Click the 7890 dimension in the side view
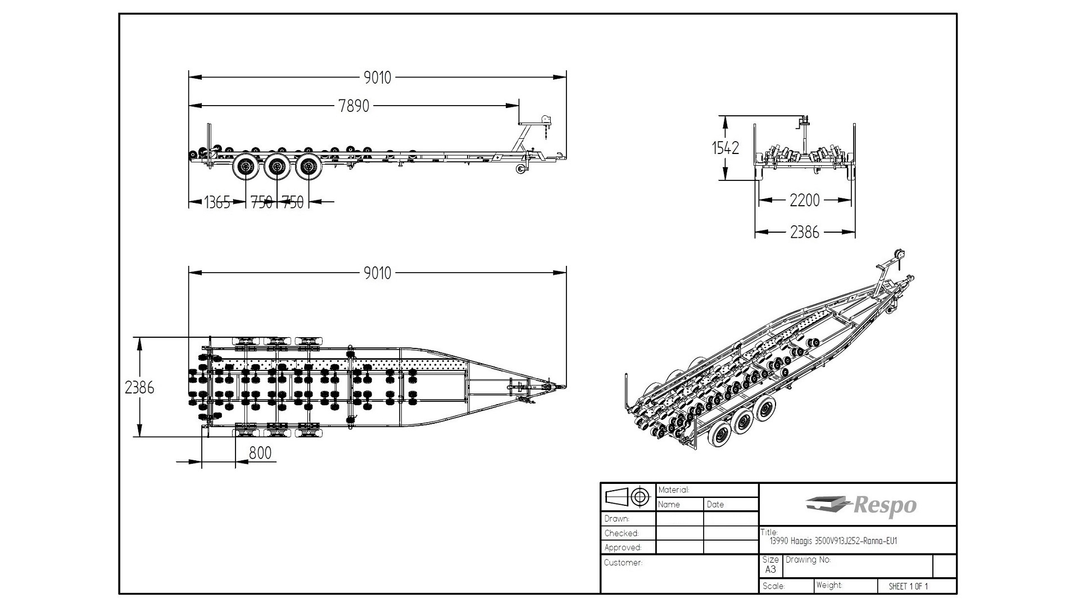pyautogui.click(x=354, y=106)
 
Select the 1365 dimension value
pyautogui.click(x=217, y=202)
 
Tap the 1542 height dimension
pyautogui.click(x=726, y=148)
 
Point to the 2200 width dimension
pyautogui.click(x=805, y=200)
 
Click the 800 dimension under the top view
pyautogui.click(x=260, y=453)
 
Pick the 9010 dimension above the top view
pyautogui.click(x=377, y=273)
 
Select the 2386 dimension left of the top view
pyautogui.click(x=139, y=387)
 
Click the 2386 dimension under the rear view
pyautogui.click(x=805, y=232)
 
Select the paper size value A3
pyautogui.click(x=770, y=569)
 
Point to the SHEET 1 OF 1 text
pyautogui.click(x=908, y=586)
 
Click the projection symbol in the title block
pyautogui.click(x=628, y=497)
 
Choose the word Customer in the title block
pyautogui.click(x=623, y=563)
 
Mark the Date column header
pyautogui.click(x=715, y=505)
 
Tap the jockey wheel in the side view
pyautogui.click(x=521, y=170)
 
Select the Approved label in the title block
pyautogui.click(x=623, y=547)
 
